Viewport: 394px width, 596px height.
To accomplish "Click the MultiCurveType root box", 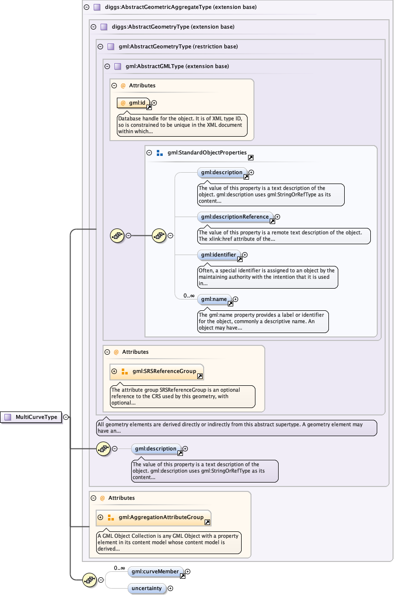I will point(31,417).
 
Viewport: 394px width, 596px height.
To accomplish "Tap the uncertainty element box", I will point(146,588).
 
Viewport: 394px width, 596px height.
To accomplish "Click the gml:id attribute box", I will point(134,103).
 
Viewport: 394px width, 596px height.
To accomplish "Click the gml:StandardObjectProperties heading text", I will point(207,153).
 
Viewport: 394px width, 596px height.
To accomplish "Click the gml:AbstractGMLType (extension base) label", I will point(177,66).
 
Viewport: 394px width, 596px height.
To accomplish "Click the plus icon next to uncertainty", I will point(171,588).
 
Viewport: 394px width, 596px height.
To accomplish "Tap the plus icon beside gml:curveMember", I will point(187,572).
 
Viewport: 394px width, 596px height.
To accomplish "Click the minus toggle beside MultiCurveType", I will point(66,417).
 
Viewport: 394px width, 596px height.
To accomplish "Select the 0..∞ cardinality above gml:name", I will point(189,296).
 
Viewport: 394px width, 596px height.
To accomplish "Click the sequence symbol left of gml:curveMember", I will point(89,580).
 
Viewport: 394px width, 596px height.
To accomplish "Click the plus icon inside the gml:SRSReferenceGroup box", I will point(114,372).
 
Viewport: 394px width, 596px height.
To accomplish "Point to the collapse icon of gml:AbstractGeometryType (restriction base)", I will point(100,46).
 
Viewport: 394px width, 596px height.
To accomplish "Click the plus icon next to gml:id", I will point(154,103).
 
